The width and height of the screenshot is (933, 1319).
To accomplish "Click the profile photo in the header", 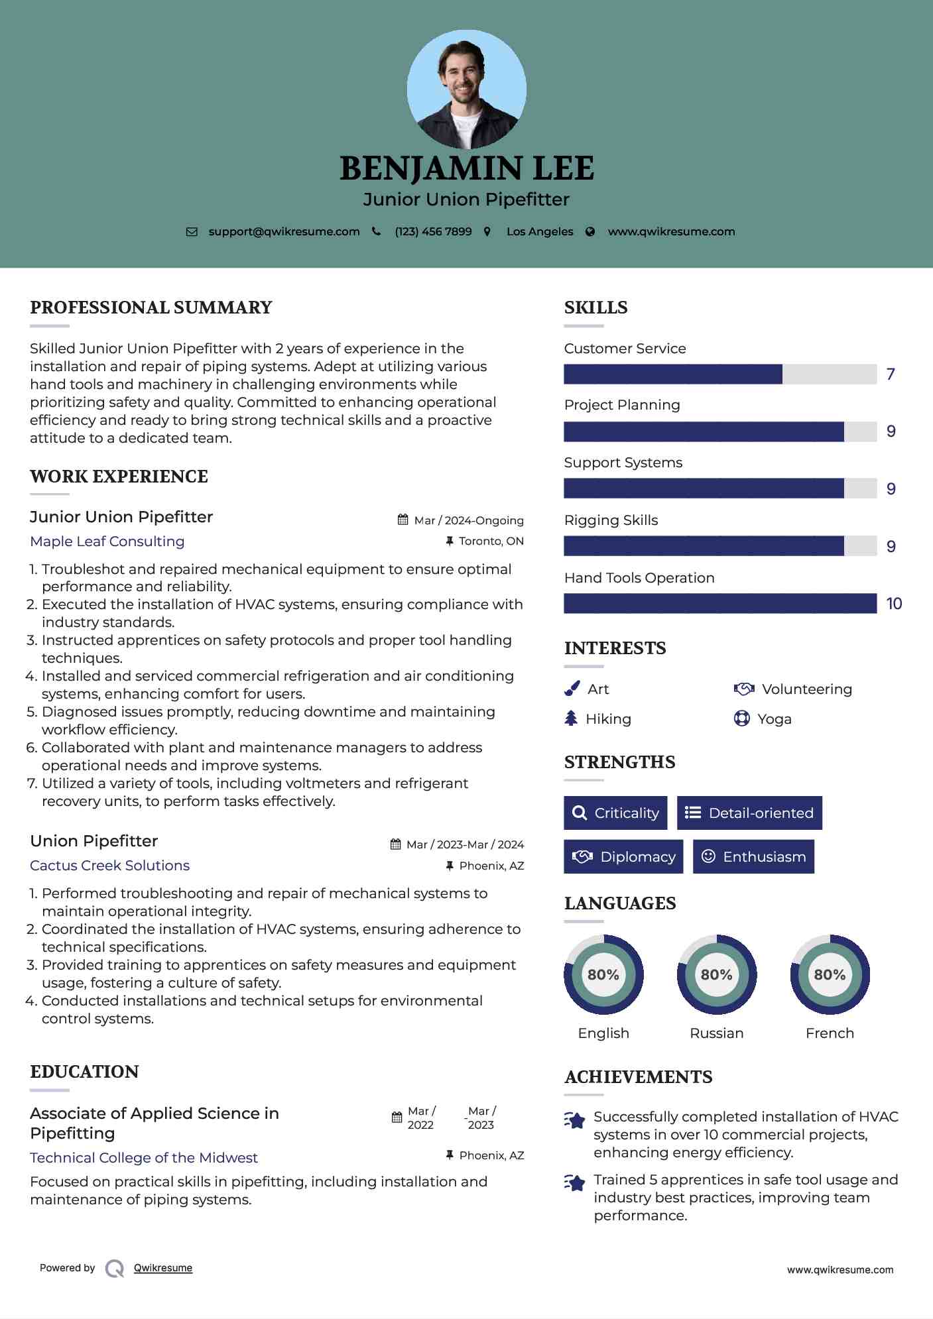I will pos(466,89).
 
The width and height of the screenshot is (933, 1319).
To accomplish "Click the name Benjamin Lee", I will pos(466,168).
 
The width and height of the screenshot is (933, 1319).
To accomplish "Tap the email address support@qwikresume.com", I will pos(284,231).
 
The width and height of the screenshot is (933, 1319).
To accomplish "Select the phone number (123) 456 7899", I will pos(433,231).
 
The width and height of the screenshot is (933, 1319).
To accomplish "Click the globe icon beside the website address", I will pos(590,231).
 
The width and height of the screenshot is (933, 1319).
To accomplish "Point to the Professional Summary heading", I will pos(151,308).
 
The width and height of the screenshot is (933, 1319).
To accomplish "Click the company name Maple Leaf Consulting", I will pos(107,541).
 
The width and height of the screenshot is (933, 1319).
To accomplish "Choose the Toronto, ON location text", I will pos(491,541).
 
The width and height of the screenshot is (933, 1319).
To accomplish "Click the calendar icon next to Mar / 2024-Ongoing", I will pos(403,520).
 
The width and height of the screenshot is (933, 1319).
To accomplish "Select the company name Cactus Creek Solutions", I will pos(110,865).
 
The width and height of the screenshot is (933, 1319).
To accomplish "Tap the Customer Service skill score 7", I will pos(891,374).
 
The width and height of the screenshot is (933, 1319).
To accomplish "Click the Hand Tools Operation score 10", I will pos(894,604).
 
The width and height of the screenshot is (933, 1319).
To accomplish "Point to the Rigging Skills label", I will pos(611,520).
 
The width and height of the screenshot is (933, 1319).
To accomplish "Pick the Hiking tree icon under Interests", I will pos(571,718).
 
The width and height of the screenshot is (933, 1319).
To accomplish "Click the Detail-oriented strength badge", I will pos(749,813).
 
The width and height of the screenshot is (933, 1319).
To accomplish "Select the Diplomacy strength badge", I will pos(623,856).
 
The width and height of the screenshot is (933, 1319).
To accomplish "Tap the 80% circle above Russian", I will pos(716,974).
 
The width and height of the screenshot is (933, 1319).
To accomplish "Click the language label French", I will pos(830,1033).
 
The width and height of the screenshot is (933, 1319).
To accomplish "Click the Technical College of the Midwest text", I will pos(144,1157).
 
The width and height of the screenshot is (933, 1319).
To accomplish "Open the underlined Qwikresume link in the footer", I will pos(163,1268).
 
